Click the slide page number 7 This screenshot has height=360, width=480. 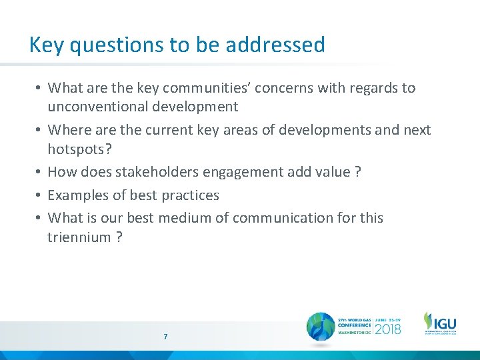pos(165,337)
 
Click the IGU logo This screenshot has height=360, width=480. pos(440,323)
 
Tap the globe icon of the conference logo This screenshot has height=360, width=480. pos(321,327)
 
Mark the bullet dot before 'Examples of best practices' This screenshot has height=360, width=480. pos(40,195)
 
